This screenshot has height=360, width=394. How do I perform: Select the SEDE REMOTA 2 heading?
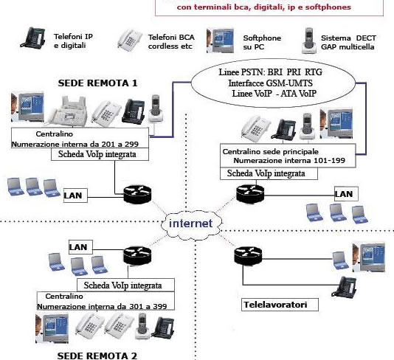click(97, 354)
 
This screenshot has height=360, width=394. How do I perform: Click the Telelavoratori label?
click(275, 303)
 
